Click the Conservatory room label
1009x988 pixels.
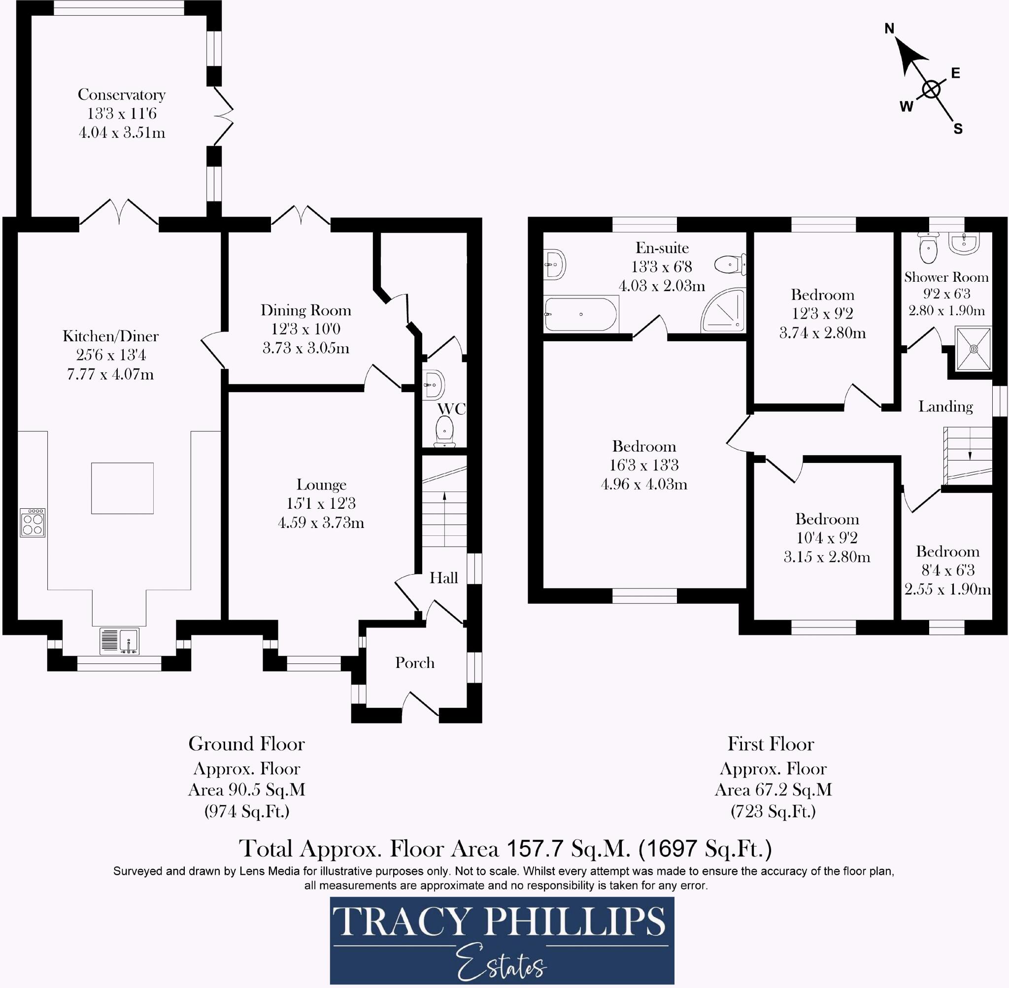(122, 95)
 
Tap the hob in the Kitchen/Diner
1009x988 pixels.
(33, 523)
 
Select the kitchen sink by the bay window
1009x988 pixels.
(119, 640)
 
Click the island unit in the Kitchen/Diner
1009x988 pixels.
(123, 488)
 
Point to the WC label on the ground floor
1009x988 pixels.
(451, 409)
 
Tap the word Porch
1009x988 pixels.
(415, 662)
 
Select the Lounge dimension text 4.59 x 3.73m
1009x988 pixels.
(321, 522)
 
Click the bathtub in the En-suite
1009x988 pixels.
(581, 314)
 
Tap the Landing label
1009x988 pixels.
(945, 406)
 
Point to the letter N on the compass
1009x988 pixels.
(889, 29)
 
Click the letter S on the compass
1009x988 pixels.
(958, 129)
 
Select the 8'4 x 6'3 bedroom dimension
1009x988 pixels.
(947, 570)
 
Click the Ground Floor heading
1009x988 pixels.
(246, 744)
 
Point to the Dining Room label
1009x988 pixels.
(306, 310)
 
